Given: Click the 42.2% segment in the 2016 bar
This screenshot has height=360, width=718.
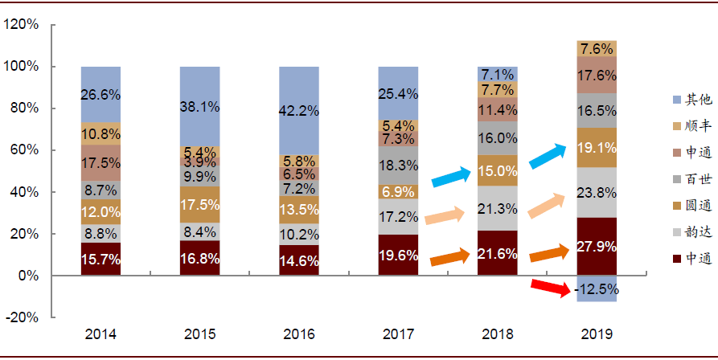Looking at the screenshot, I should point(299,110).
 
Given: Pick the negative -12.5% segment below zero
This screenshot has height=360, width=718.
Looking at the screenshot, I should point(597,288).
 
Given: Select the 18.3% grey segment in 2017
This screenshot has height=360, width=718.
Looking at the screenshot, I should point(398,165).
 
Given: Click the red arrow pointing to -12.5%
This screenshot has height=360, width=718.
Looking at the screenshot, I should point(551,287).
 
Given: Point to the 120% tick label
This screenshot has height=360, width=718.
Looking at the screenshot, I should point(22,25).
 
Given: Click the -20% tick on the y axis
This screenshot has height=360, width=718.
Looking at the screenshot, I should point(22,317).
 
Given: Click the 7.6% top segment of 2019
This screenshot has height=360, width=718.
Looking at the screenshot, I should point(597,48).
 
